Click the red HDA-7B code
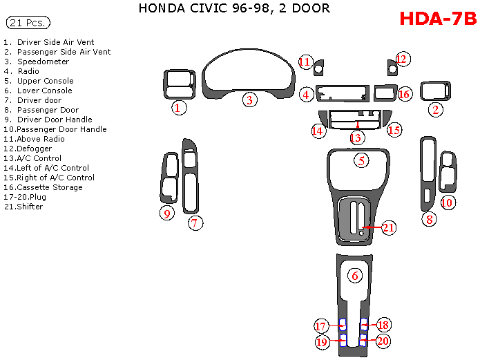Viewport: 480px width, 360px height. coord(438,19)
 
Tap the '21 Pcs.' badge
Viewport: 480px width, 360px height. coord(28,23)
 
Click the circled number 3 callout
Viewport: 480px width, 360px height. coord(249,100)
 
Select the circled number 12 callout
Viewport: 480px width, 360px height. coord(402,59)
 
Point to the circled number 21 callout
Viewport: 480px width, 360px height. coord(388,227)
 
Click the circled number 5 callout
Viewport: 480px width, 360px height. coord(361,160)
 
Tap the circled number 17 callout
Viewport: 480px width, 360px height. coord(320,326)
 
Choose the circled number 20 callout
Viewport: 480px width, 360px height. coord(383,341)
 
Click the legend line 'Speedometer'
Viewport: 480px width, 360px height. coord(43,61)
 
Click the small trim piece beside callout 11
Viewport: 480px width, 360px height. coord(319,68)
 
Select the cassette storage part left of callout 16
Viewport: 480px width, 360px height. coord(383,93)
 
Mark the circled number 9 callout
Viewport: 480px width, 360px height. coord(166,213)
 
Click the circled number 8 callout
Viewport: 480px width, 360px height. coord(429,220)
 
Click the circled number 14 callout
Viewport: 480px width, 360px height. coord(318,130)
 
